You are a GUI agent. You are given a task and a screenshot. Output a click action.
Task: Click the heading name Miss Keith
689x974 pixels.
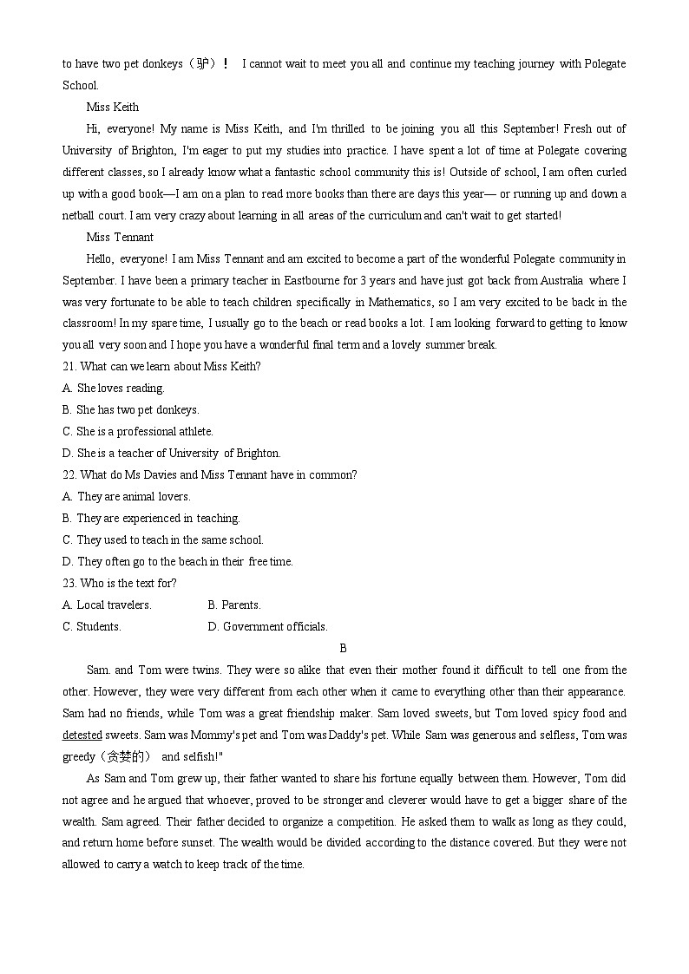coord(113,108)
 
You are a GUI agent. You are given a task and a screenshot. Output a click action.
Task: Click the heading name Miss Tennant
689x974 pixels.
coord(120,238)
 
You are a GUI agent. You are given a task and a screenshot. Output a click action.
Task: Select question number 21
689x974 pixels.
coord(69,367)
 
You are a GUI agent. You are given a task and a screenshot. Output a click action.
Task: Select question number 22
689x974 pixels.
coord(69,475)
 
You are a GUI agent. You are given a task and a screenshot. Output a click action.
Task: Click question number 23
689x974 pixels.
coord(69,584)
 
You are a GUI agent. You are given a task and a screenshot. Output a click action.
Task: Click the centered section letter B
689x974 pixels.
coord(344,649)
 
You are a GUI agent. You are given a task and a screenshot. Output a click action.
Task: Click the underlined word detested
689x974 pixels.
coord(82,735)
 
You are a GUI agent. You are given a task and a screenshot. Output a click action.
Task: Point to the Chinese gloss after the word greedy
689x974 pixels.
coord(126,756)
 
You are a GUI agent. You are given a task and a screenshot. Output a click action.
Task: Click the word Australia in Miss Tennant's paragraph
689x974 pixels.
coord(563,281)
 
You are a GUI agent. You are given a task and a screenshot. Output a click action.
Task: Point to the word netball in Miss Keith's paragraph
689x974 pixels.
coord(79,216)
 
